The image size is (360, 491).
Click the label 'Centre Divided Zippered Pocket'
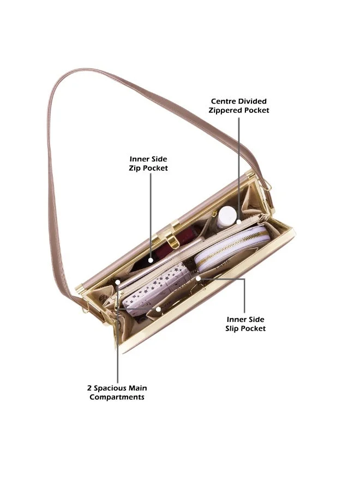click(239, 106)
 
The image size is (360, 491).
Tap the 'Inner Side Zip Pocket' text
click(148, 164)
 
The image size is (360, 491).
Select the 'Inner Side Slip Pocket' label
click(245, 324)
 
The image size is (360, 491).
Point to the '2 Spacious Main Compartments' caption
click(117, 392)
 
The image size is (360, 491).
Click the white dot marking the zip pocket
click(151, 260)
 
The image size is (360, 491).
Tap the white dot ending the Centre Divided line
click(239, 221)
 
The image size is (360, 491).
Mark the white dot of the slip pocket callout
click(198, 278)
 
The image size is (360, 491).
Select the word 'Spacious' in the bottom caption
click(109, 388)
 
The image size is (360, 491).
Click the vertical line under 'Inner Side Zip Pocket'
click(151, 215)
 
